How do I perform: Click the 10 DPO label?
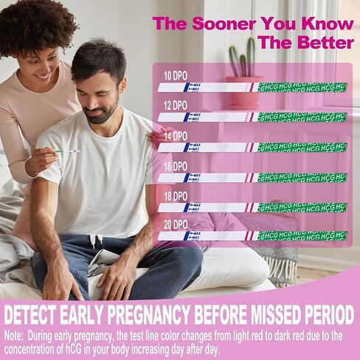tap(175, 75)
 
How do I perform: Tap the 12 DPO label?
tap(175, 105)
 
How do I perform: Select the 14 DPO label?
tap(175, 136)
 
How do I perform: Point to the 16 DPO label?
tap(175, 167)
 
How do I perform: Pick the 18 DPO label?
tap(175, 196)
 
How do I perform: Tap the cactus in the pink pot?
tap(243, 59)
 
